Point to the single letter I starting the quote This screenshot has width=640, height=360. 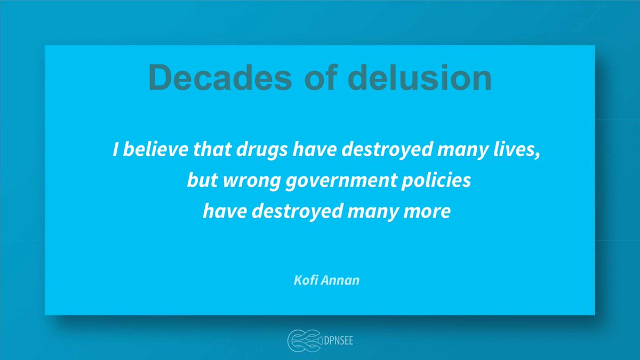(115, 150)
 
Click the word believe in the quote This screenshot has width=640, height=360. (151, 150)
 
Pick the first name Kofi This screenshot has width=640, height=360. (307, 279)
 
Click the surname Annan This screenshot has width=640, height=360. (342, 279)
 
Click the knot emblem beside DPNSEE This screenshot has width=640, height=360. (302, 340)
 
